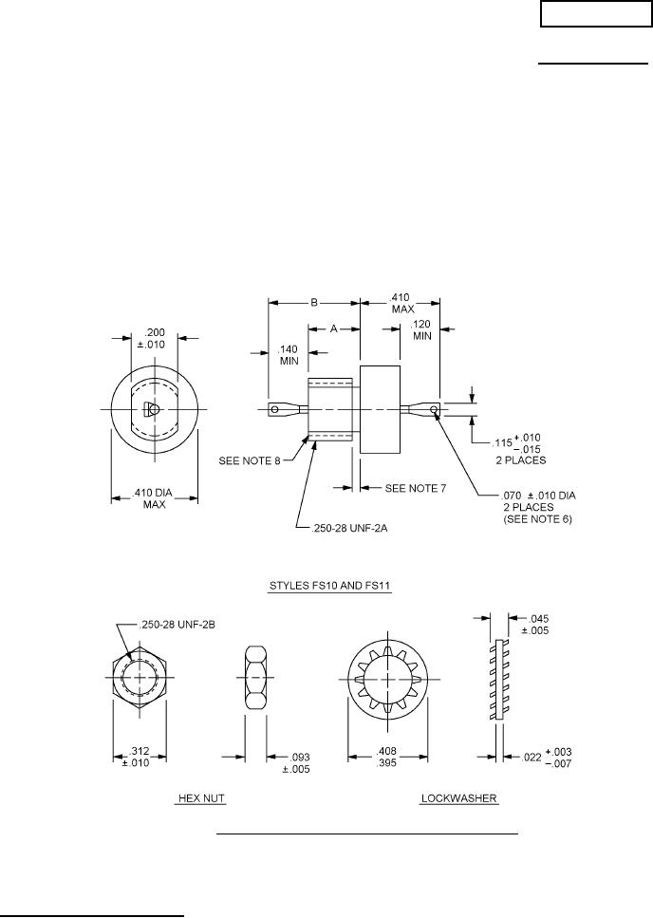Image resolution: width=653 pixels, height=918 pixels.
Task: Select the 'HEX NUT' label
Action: [x=200, y=798]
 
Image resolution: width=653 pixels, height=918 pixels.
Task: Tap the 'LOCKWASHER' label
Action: [x=458, y=798]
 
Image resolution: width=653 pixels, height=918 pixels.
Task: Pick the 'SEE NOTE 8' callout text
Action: [x=252, y=460]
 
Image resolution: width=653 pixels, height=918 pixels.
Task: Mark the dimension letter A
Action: [x=333, y=328]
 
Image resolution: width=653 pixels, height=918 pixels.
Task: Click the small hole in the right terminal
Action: [x=434, y=410]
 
